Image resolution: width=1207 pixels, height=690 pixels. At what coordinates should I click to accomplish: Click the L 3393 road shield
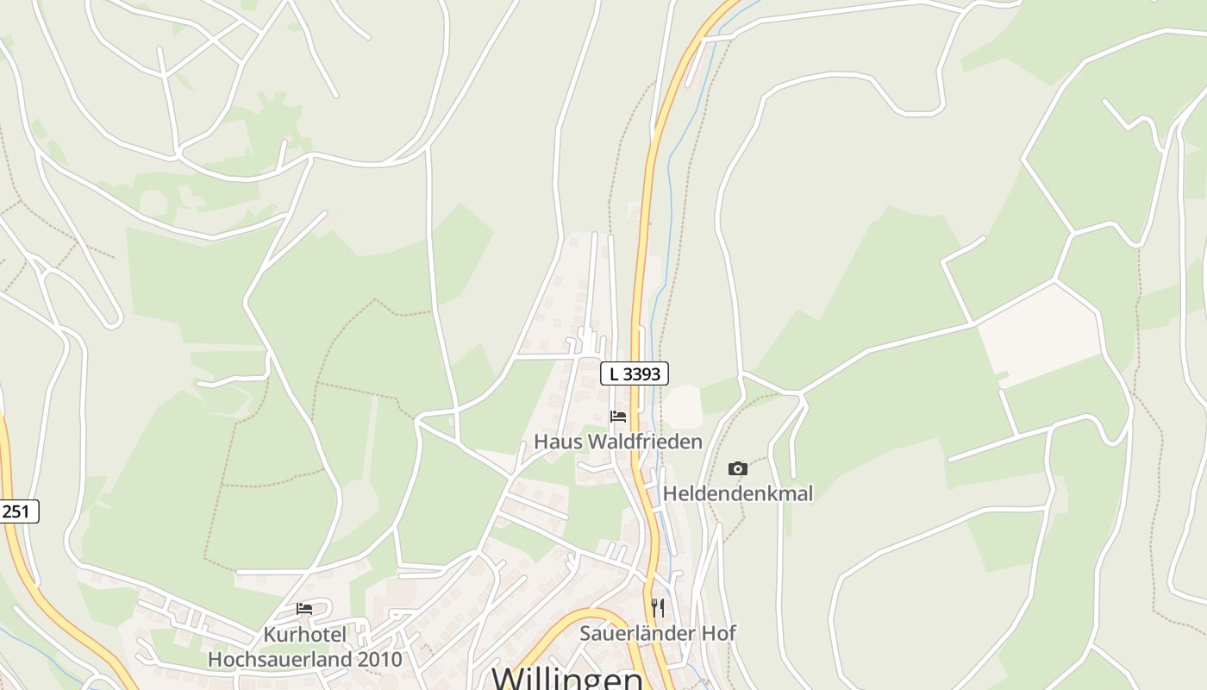pos(635,373)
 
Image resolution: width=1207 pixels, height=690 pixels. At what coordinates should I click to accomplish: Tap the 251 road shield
pos(16,511)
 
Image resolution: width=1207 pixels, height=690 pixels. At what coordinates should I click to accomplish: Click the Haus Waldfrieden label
pos(618,442)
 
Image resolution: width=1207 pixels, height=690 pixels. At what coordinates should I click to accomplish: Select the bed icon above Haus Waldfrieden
pos(618,417)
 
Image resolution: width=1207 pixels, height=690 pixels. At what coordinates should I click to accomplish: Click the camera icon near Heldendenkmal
pos(738,468)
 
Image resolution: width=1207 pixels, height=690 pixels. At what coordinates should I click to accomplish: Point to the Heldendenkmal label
pos(738,494)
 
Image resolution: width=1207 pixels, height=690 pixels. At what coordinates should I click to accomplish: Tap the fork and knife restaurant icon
pos(658,607)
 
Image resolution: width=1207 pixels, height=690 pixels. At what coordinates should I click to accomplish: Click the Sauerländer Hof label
pos(658,633)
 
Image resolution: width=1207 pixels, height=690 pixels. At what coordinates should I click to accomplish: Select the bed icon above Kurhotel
pos(304,609)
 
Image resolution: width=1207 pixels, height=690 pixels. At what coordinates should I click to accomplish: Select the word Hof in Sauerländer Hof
pos(719,633)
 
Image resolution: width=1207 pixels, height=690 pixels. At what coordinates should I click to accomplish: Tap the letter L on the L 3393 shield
pos(614,373)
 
